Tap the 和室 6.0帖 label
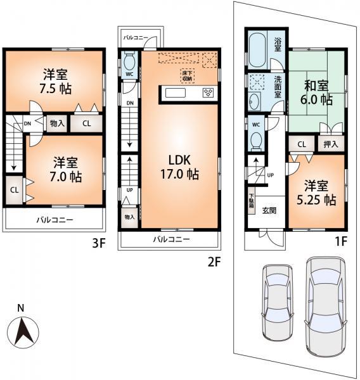tap(317, 92)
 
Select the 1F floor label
tap(340, 242)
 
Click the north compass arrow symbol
tap(23, 330)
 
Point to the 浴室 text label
tap(277, 45)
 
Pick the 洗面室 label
tap(277, 85)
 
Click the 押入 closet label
tap(331, 144)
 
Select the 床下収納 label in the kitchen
tap(188, 75)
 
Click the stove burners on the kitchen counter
tap(208, 93)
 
